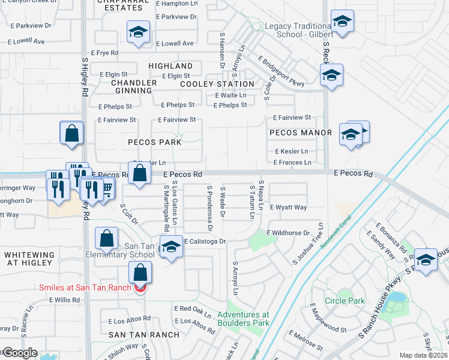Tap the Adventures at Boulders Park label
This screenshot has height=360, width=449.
243,319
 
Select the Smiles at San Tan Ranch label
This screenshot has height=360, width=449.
85,287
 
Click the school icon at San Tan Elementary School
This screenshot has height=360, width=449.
171,248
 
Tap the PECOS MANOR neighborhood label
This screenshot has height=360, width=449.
301,133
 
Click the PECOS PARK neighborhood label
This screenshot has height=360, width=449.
154,142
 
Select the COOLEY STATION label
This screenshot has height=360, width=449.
217,84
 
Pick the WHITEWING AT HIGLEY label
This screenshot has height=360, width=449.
29,259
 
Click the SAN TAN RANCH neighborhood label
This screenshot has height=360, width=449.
143,334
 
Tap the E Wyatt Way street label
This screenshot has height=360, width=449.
288,208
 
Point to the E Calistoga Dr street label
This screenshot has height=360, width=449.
205,241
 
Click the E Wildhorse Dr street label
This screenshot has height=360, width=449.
288,233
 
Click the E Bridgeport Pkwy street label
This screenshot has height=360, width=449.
282,71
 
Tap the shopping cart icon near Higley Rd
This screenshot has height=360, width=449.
107,190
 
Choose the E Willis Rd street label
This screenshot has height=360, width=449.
64,299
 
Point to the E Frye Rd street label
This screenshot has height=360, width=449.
104,53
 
